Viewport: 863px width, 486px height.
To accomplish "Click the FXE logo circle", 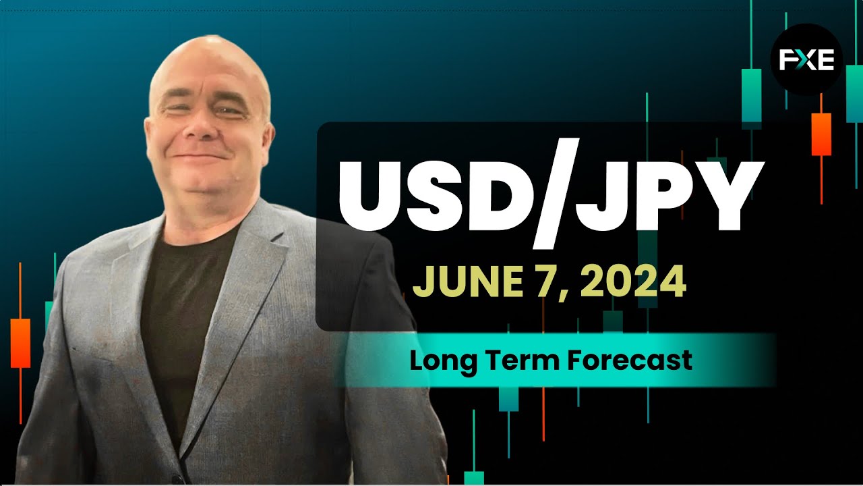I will point(807,60).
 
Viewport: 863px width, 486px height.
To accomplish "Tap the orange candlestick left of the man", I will point(20,343).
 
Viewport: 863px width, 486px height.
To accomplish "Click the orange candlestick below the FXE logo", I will point(821,134).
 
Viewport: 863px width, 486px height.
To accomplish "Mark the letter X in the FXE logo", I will point(806,60).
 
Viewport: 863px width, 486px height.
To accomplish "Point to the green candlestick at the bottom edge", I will point(474,477).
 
